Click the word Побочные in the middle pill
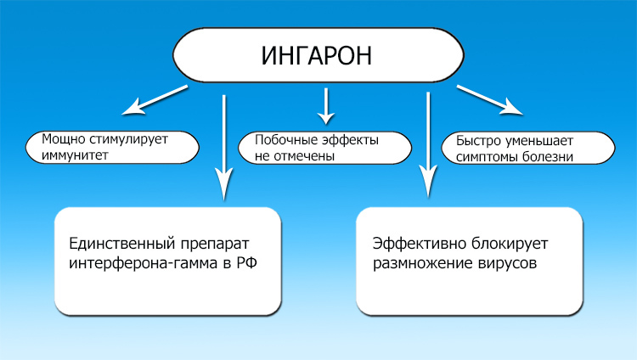[x=280, y=141]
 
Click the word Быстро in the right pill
[x=477, y=141]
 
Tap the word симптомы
[x=486, y=157]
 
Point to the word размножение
[x=418, y=263]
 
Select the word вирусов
[x=503, y=263]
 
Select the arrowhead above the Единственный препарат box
[x=223, y=183]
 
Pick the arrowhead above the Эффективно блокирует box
[x=428, y=182]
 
